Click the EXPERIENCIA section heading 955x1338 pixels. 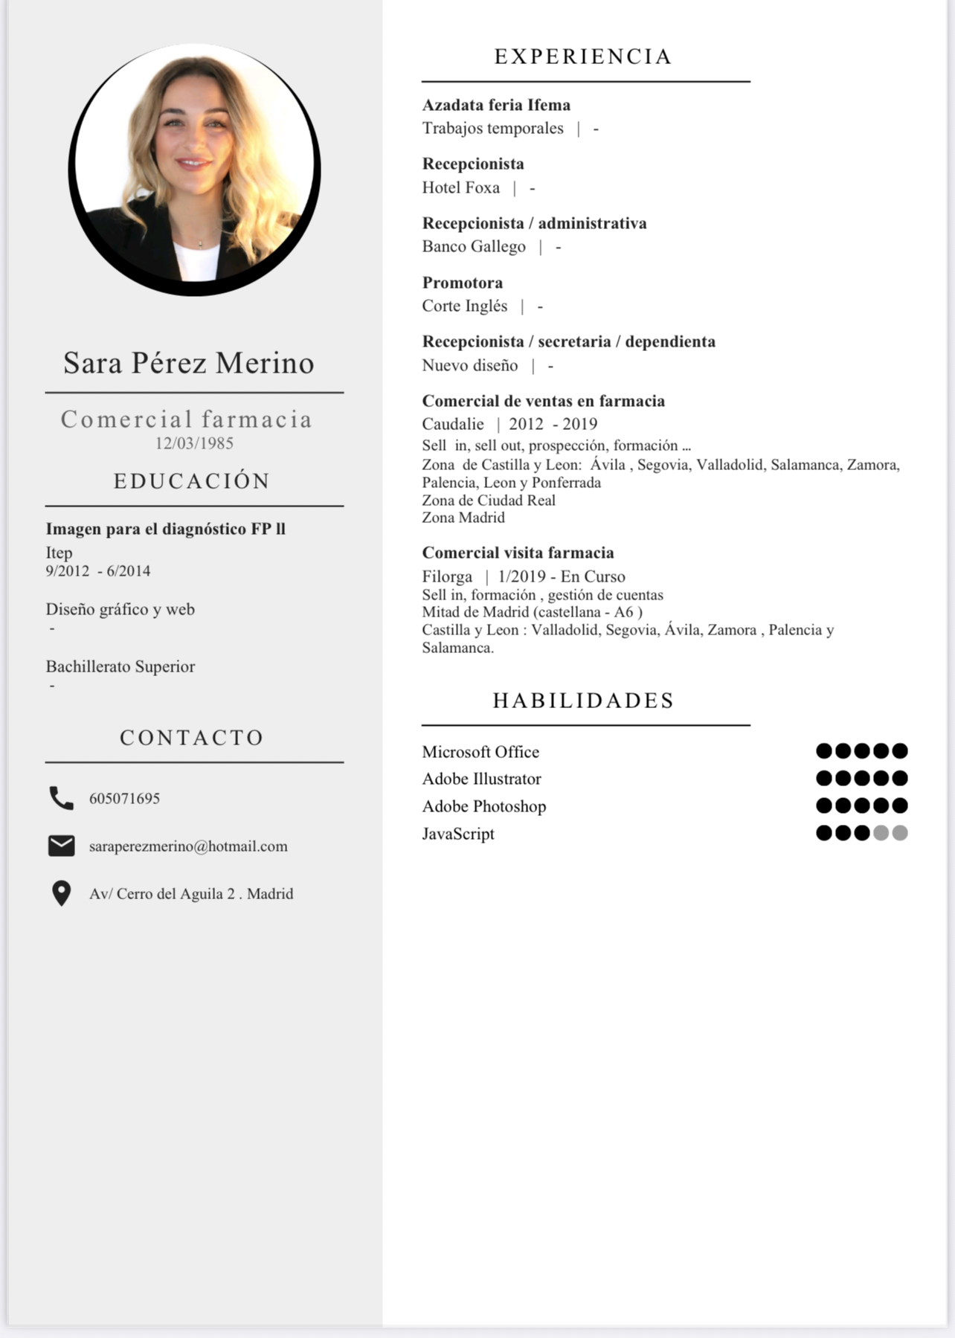[x=583, y=57]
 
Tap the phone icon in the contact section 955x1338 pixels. [x=61, y=798]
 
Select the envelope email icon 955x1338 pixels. [x=61, y=846]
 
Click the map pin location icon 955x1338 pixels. [x=61, y=893]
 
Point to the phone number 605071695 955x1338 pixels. [x=124, y=799]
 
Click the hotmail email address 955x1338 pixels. [x=188, y=846]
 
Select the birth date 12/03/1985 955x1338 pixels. [x=194, y=443]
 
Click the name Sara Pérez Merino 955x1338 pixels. [x=189, y=363]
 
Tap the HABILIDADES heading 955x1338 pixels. [x=583, y=701]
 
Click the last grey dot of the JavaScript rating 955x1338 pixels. [x=900, y=833]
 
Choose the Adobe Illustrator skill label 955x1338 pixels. [x=481, y=779]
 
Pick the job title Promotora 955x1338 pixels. [x=462, y=283]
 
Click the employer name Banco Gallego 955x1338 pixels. [x=474, y=247]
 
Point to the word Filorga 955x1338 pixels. [x=447, y=576]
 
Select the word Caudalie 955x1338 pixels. [x=453, y=424]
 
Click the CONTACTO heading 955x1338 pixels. [x=192, y=738]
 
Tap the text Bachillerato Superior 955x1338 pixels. [x=120, y=666]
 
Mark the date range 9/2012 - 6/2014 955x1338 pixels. [x=98, y=571]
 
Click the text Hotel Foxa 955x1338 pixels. [x=460, y=187]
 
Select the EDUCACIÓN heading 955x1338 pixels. [x=192, y=481]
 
